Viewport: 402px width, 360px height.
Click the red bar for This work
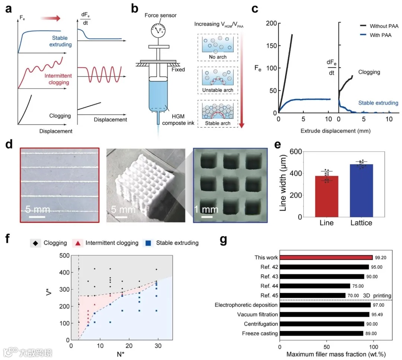pos(326,257)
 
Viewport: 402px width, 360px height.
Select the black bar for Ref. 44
pos(315,286)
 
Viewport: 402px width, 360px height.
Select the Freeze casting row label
pos(259,334)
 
